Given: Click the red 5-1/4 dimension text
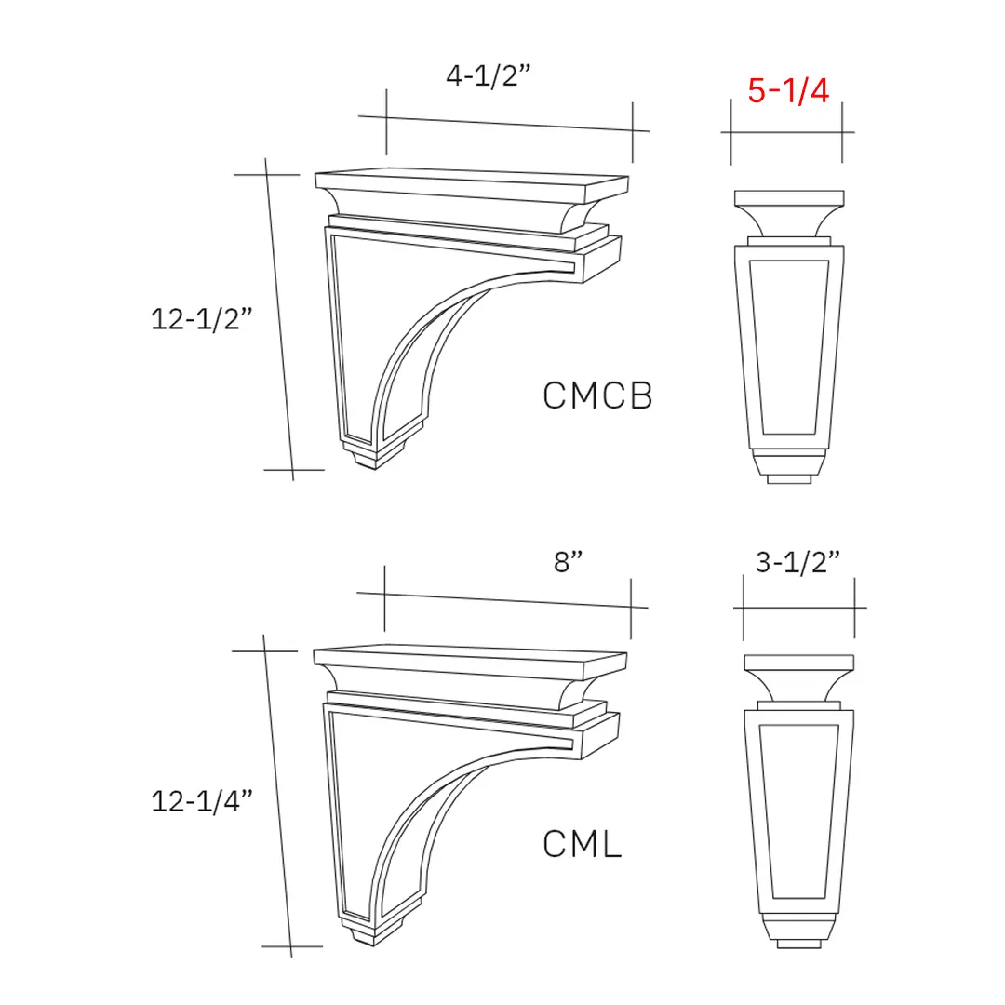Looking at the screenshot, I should [787, 90].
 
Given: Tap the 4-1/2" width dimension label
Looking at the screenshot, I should [488, 76].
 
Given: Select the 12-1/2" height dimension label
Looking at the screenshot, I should [202, 319].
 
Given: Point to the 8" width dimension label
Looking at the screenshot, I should [568, 562].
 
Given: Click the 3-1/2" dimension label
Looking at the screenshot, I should [797, 562].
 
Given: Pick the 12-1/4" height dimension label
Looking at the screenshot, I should [202, 800].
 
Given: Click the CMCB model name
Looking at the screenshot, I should [597, 395].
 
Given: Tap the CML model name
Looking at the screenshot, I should [582, 845].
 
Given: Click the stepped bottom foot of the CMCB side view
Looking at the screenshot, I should [377, 457].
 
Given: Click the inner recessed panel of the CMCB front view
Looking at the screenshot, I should [789, 346].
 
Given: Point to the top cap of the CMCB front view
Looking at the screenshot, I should [790, 199].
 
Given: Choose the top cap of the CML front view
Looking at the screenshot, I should [798, 663].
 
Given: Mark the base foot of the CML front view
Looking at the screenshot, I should [798, 933].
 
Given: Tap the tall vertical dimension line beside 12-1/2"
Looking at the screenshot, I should [280, 319].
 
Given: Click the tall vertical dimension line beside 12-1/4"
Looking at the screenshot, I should [278, 796].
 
